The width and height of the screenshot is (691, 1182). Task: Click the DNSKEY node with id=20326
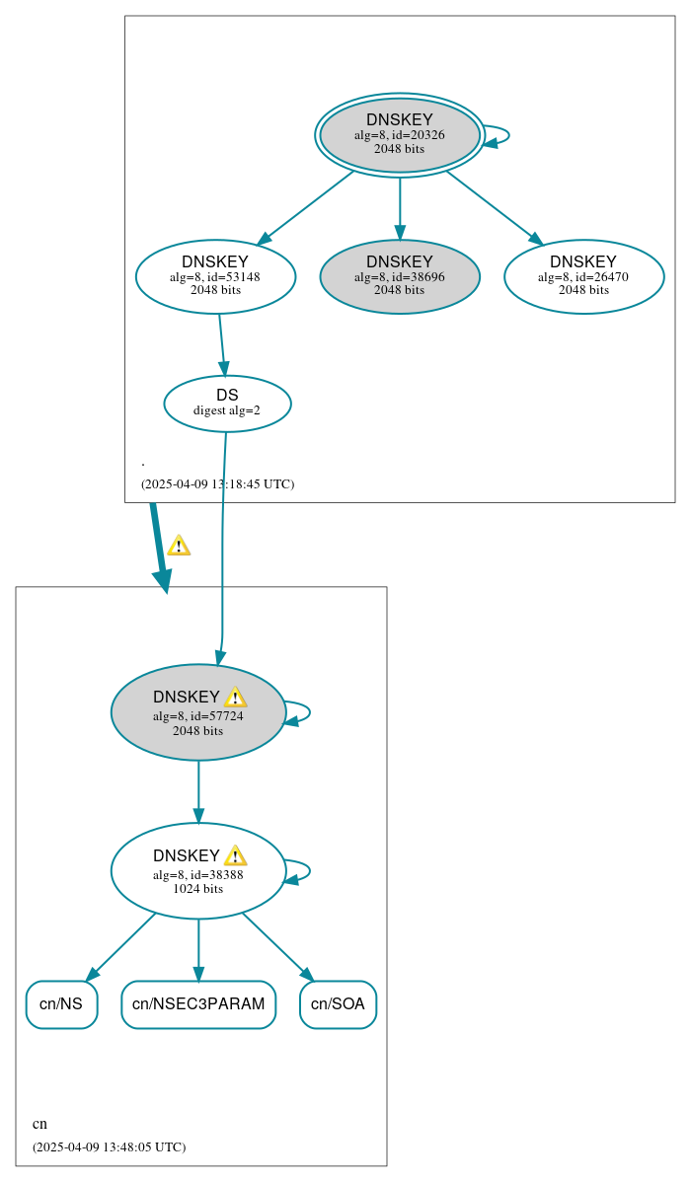click(x=399, y=135)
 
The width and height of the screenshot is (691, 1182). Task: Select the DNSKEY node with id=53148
click(x=215, y=276)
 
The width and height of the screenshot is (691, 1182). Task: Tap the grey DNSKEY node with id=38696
click(x=399, y=276)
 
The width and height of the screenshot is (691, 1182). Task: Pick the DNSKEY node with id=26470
click(x=582, y=276)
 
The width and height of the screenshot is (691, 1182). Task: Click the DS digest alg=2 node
click(x=227, y=404)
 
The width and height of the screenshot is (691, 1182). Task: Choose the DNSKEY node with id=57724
click(x=197, y=712)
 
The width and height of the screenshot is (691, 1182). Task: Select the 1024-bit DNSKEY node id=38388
click(x=197, y=871)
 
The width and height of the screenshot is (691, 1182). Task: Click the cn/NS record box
click(x=61, y=1004)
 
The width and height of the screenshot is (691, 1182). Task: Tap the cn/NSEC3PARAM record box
click(x=198, y=1004)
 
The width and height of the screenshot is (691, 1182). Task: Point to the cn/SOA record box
click(x=338, y=1004)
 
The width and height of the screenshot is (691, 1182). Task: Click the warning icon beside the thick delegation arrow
click(x=179, y=546)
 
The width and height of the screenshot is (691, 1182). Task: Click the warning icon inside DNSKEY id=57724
click(x=235, y=698)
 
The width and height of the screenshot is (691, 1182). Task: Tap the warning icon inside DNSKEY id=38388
click(x=235, y=855)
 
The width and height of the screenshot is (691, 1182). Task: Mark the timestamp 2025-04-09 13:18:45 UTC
click(x=217, y=484)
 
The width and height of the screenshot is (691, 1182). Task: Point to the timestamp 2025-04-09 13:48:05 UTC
click(x=109, y=1147)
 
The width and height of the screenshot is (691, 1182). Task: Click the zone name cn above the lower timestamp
click(x=39, y=1124)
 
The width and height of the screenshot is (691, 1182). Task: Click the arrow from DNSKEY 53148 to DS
click(x=222, y=344)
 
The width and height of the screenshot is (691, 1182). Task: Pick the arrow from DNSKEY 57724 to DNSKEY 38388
click(x=198, y=791)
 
